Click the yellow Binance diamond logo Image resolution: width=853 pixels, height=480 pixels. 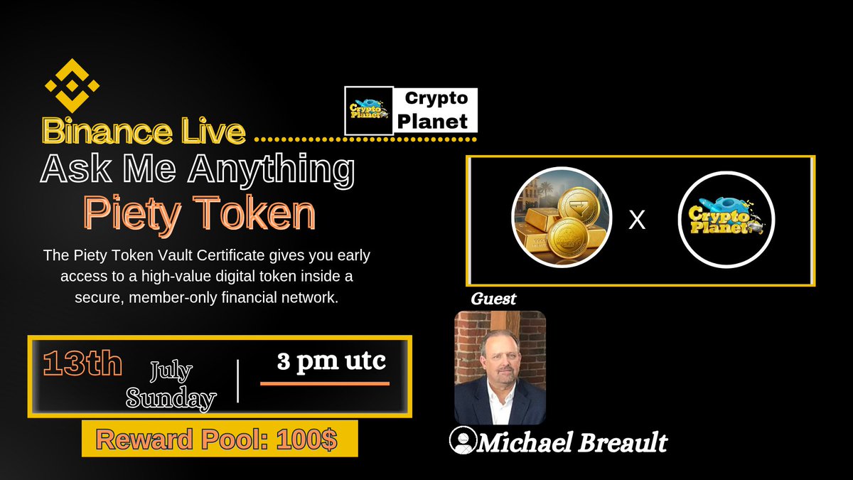(x=72, y=86)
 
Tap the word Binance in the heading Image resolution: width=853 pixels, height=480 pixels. (x=95, y=131)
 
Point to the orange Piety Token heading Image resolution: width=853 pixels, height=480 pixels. (x=199, y=213)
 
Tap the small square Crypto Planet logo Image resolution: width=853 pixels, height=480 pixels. (x=369, y=110)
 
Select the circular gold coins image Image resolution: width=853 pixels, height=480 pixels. (x=562, y=220)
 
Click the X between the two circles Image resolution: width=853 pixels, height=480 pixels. (x=638, y=220)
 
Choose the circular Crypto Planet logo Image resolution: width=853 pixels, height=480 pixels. (x=726, y=220)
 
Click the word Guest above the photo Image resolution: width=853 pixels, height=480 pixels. (x=493, y=299)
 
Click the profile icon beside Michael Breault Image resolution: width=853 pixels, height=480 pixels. (x=463, y=441)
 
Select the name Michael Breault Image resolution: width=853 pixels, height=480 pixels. (x=572, y=442)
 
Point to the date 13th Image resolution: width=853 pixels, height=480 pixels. (x=82, y=364)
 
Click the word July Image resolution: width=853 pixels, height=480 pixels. (x=171, y=370)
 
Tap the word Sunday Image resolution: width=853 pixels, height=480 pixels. (x=171, y=398)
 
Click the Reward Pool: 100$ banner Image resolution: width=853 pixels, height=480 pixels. (x=219, y=439)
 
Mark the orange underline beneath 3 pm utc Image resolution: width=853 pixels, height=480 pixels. (x=325, y=384)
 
